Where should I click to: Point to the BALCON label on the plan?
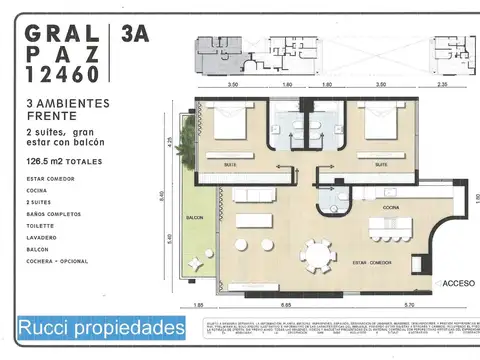coord(194,217)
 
